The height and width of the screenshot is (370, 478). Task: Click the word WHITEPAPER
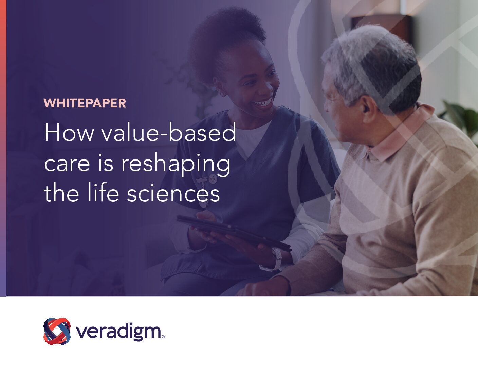coord(85,103)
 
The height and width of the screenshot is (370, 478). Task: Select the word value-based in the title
coord(168,132)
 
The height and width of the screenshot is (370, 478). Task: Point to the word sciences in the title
coord(173,193)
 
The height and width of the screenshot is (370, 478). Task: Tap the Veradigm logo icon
coord(57,331)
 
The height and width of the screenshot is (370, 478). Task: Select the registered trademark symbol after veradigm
coord(163,337)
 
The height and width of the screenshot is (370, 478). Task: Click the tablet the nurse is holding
coord(234,233)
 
